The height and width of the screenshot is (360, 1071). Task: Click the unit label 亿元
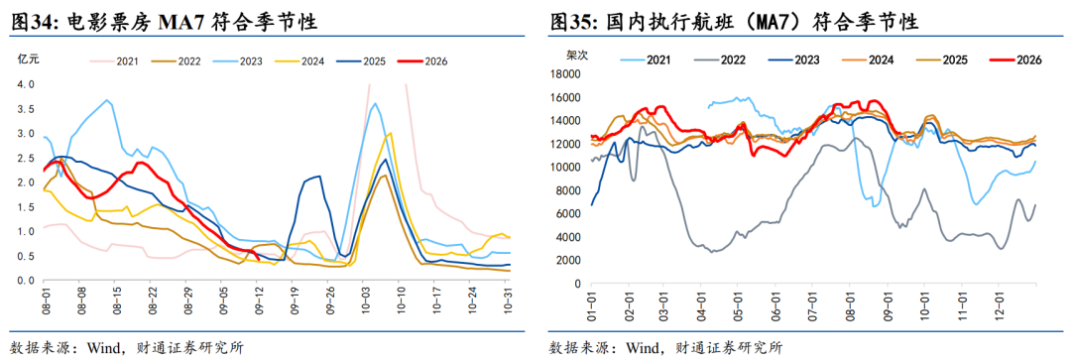(29, 59)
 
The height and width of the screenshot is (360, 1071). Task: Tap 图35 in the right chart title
(573, 23)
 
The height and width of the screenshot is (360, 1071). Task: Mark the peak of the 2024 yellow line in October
(390, 133)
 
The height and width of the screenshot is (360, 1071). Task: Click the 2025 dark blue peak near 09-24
(319, 177)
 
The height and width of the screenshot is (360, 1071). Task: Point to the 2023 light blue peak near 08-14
(106, 100)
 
